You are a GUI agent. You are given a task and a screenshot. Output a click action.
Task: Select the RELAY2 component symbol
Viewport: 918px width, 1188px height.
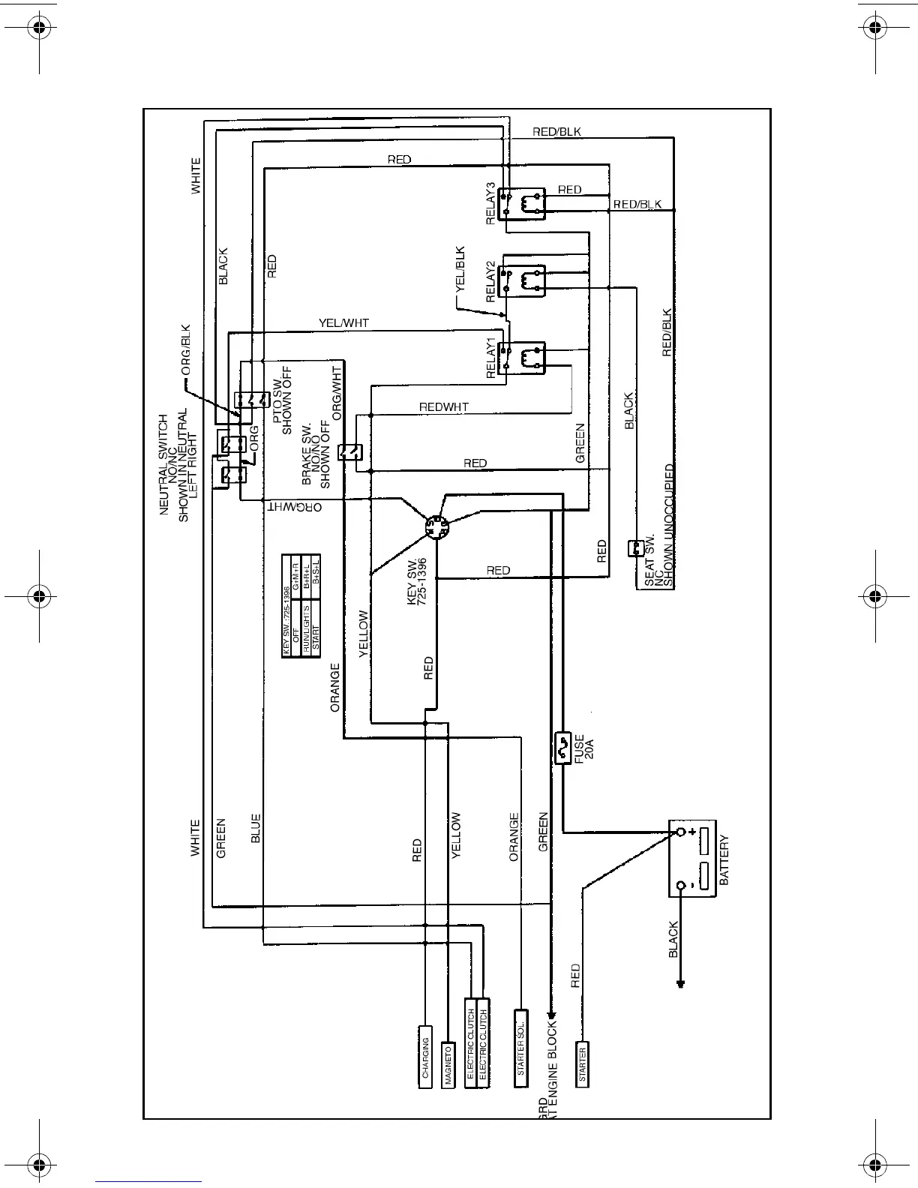pyautogui.click(x=524, y=278)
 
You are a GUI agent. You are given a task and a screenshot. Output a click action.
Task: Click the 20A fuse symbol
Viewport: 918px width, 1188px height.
pyautogui.click(x=563, y=748)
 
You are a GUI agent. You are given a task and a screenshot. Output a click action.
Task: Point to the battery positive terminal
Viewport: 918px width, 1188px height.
pyautogui.click(x=681, y=832)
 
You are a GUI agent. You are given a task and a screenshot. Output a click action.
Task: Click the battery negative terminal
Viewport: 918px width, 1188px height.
pyautogui.click(x=681, y=886)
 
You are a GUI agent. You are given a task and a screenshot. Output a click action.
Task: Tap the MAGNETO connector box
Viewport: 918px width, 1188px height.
pyautogui.click(x=448, y=1064)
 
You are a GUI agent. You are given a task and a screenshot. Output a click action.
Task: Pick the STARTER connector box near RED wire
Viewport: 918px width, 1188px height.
pyautogui.click(x=583, y=1063)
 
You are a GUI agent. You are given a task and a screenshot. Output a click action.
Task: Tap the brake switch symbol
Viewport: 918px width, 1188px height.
pyautogui.click(x=351, y=451)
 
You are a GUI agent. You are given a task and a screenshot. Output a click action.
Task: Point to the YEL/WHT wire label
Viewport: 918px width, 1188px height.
pyautogui.click(x=343, y=323)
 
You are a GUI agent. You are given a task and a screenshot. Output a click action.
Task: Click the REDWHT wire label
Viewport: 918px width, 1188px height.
pyautogui.click(x=444, y=407)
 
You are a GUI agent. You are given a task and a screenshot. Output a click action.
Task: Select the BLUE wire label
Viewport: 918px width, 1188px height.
pyautogui.click(x=256, y=829)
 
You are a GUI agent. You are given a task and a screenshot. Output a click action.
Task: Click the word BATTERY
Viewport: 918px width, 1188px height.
pyautogui.click(x=724, y=861)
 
